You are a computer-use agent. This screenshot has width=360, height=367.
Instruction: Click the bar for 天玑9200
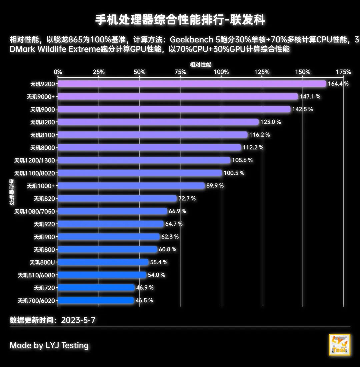point(192,84)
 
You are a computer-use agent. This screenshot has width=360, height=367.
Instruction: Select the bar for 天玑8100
point(153,135)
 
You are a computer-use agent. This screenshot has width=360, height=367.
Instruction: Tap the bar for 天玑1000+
point(131,186)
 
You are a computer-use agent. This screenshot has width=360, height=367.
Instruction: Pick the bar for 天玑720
point(96,288)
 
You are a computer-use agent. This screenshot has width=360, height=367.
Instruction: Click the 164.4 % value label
point(338,84)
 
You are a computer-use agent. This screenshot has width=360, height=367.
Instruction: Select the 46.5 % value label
point(144,300)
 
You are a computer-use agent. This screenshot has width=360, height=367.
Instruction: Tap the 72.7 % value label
point(187,199)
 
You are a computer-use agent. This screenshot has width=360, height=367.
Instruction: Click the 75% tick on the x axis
point(180,72)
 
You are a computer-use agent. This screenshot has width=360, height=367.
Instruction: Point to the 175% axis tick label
point(344,72)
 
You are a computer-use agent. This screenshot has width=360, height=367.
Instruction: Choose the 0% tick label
point(58,72)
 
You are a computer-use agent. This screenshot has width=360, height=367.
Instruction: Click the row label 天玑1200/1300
point(34,160)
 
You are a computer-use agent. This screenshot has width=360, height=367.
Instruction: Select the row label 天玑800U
point(42,262)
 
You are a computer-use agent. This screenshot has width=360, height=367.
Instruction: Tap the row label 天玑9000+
point(41,97)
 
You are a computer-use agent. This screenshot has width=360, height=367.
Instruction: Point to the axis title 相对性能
point(200,65)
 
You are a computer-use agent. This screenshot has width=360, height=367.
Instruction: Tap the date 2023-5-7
point(78,320)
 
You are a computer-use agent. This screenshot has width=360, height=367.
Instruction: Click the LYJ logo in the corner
point(339,345)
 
